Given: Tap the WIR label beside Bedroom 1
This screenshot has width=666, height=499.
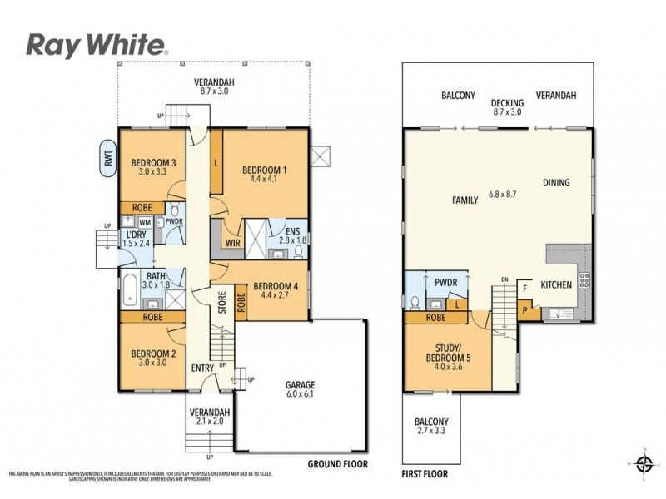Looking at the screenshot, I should click(232, 244).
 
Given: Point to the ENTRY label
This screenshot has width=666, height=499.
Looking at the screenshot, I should click(202, 368).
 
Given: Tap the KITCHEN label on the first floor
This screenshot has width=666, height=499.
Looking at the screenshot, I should click(555, 284).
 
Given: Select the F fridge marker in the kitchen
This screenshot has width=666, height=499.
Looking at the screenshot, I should click(525, 289).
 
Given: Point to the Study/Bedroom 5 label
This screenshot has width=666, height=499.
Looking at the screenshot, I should click(444, 353).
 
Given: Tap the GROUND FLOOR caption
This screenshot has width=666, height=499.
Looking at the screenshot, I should click(337, 464).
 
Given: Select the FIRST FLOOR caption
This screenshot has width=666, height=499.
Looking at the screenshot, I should click(425, 473).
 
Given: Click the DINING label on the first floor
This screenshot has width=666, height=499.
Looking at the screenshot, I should click(556, 183).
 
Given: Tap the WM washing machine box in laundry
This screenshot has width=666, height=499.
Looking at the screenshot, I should click(144, 222).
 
